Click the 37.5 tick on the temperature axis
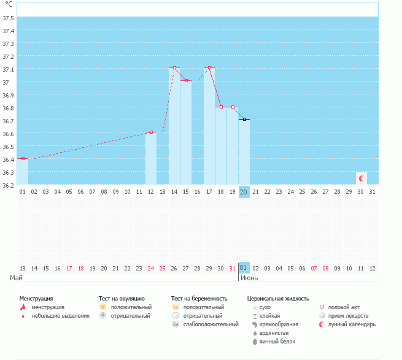[9, 18]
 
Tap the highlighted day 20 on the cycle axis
[244, 192]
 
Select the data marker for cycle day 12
[151, 132]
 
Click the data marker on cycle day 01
[23, 158]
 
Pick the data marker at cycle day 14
[174, 67]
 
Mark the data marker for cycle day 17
[209, 67]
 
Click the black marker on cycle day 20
[244, 119]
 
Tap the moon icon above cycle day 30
[361, 178]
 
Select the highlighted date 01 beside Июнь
[244, 268]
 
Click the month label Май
[17, 278]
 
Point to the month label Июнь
[249, 278]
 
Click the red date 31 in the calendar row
[232, 268]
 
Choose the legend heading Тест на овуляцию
[122, 298]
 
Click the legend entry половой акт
[343, 307]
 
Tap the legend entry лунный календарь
[352, 324]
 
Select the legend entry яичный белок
[277, 341]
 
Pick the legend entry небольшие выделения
[60, 316]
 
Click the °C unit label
[9, 4]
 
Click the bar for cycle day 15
[186, 132]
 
